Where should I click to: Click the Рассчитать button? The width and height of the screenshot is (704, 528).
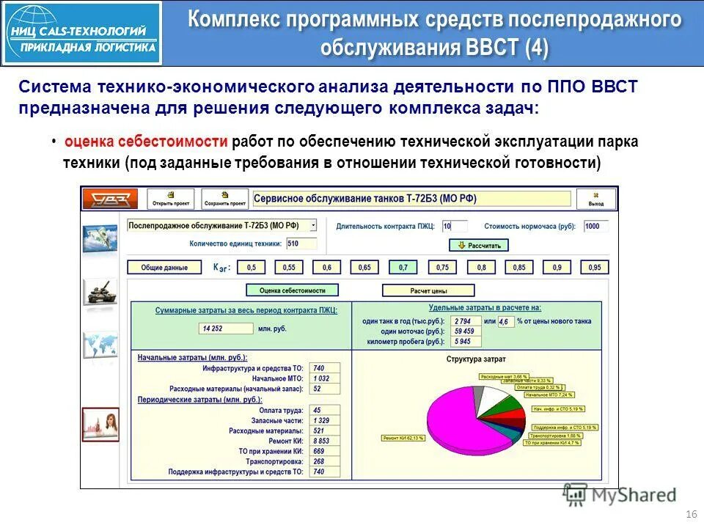tap(478, 245)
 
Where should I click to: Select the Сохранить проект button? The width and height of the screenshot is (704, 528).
tap(225, 199)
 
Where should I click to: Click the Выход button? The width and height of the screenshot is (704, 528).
tap(595, 199)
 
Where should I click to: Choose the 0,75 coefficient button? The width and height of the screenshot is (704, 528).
tap(442, 268)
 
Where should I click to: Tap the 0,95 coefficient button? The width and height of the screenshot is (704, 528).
tap(595, 268)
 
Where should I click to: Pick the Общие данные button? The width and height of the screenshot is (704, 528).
tap(164, 268)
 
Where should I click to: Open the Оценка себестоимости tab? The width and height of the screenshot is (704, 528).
tap(292, 290)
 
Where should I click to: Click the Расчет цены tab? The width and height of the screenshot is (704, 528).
tap(428, 290)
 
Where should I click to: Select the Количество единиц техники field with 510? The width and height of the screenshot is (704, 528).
tap(302, 243)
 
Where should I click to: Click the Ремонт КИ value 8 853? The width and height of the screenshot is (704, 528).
tap(325, 441)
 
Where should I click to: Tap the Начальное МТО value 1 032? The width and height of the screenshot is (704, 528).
tap(325, 378)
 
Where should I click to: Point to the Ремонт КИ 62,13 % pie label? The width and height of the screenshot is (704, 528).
tap(403, 438)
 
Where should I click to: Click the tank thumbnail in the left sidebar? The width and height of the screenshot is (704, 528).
tap(100, 292)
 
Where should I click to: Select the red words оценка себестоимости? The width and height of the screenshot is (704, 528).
tap(147, 142)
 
